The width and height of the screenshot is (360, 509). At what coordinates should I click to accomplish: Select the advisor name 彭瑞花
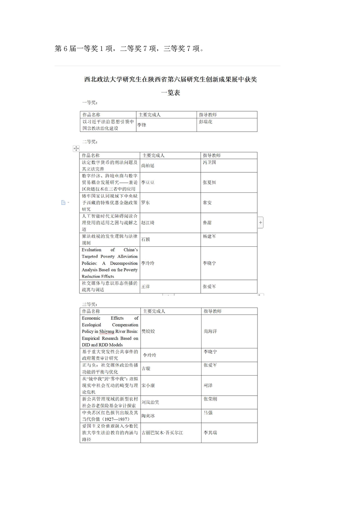(206, 122)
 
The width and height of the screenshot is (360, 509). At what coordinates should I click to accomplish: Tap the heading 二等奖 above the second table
(89, 142)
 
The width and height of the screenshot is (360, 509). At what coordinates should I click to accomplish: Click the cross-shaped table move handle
(76, 149)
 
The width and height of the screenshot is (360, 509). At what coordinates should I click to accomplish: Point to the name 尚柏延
(148, 166)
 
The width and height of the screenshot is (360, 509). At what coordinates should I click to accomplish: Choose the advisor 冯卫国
(209, 162)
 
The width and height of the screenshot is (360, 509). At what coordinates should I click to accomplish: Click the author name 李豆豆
(148, 182)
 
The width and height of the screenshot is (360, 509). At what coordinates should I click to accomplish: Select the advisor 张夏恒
(209, 182)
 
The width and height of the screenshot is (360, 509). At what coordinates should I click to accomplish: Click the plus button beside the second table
(261, 223)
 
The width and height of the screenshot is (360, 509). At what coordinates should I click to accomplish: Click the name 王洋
(145, 286)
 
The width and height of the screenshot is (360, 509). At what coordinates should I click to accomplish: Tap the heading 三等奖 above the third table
(89, 303)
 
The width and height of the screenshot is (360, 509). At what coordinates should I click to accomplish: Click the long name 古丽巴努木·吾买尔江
(162, 433)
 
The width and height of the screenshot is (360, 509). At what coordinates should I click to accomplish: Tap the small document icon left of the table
(64, 203)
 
